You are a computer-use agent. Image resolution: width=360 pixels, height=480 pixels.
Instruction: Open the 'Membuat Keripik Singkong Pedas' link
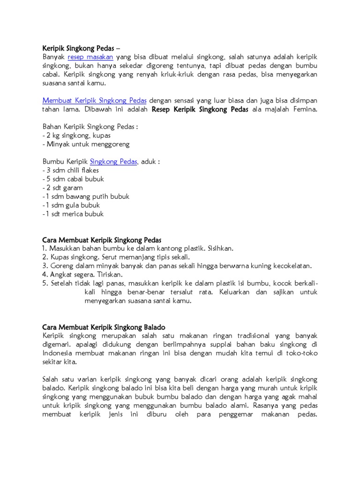click(x=95, y=100)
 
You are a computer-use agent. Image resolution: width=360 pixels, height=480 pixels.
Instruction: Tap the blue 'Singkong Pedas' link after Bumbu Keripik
click(x=113, y=162)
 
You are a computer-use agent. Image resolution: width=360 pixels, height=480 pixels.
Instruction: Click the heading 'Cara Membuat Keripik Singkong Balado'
click(x=104, y=327)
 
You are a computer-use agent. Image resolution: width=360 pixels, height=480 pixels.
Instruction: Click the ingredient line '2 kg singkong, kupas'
click(x=70, y=135)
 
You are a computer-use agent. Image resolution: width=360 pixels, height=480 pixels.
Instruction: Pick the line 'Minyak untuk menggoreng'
click(x=87, y=144)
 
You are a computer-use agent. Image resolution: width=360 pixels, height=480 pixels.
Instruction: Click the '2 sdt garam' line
click(x=64, y=187)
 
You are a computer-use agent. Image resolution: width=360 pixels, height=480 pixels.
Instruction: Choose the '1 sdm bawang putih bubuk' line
click(x=86, y=196)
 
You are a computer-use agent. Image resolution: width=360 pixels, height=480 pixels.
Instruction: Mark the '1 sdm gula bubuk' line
click(x=72, y=205)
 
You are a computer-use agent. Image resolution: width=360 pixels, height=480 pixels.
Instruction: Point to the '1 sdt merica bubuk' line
click(x=74, y=214)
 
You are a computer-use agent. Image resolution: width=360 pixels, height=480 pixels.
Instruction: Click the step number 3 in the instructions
click(x=45, y=266)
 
